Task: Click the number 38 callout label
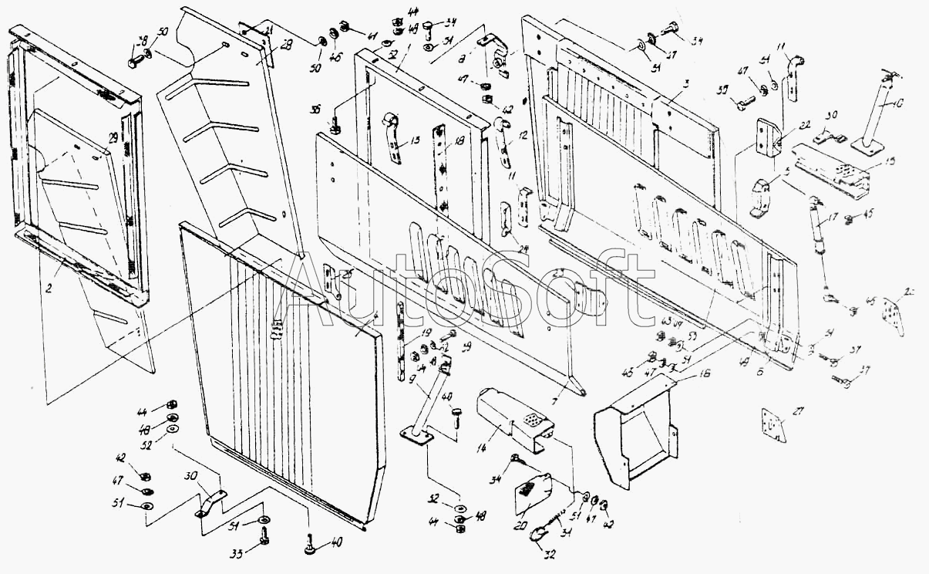click(142, 42)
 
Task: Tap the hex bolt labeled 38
click(135, 56)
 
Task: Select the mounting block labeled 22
click(767, 136)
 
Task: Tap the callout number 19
click(426, 333)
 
